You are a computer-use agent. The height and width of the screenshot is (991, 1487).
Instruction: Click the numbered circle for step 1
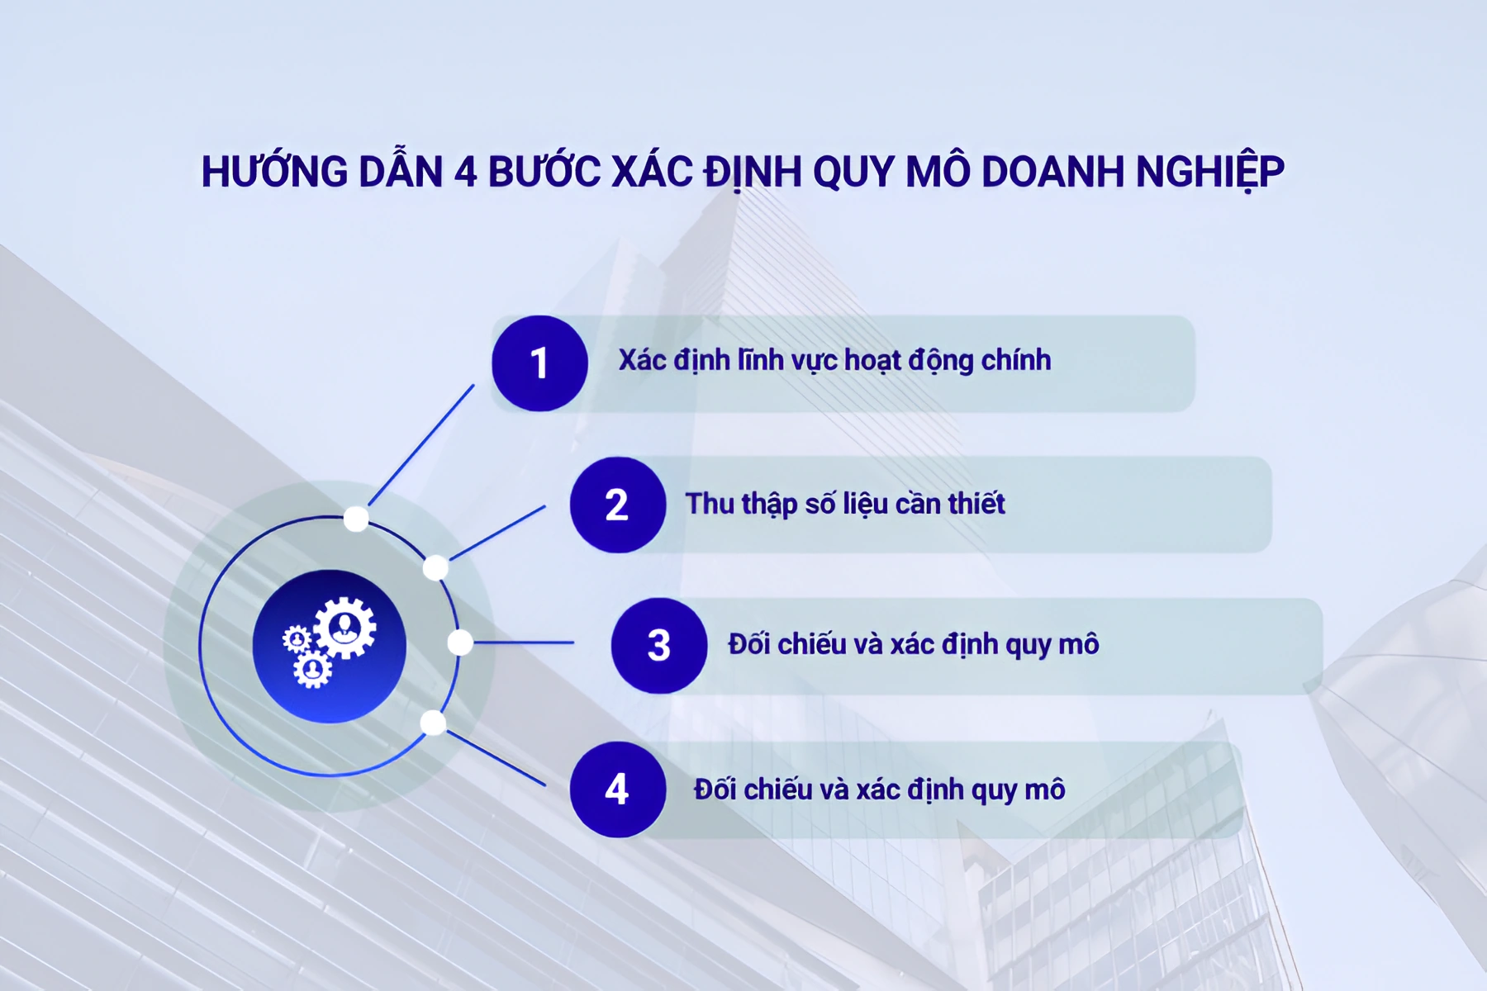(x=539, y=363)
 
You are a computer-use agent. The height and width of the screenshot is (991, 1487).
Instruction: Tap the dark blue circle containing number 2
(x=617, y=505)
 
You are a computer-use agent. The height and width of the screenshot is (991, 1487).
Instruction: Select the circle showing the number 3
(x=658, y=646)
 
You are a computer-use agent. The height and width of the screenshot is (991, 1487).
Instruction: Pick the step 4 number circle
(x=617, y=789)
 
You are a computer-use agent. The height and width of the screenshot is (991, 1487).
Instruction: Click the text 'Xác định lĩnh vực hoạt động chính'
(x=834, y=361)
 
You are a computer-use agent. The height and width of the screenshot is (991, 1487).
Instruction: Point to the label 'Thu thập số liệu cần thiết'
(x=844, y=504)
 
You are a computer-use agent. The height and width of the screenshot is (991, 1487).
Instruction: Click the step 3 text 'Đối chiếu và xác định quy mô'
(x=913, y=644)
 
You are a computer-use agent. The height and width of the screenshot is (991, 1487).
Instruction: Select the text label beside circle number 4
(x=879, y=789)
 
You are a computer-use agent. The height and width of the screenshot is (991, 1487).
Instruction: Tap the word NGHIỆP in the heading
(x=1209, y=172)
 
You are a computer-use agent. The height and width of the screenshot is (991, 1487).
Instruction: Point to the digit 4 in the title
(x=466, y=172)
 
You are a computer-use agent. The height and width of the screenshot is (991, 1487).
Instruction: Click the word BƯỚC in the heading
(x=544, y=172)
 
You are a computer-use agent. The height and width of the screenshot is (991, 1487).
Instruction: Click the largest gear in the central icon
(x=345, y=628)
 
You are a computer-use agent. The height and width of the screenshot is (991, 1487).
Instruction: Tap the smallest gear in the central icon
(x=297, y=638)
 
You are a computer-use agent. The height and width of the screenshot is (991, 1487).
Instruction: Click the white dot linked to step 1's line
(x=356, y=519)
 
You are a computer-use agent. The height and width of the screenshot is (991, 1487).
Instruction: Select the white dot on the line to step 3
(x=460, y=642)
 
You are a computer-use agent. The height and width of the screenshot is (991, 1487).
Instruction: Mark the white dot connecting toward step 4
(x=433, y=723)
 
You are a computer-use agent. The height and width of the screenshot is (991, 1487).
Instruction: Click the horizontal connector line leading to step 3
(x=524, y=642)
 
